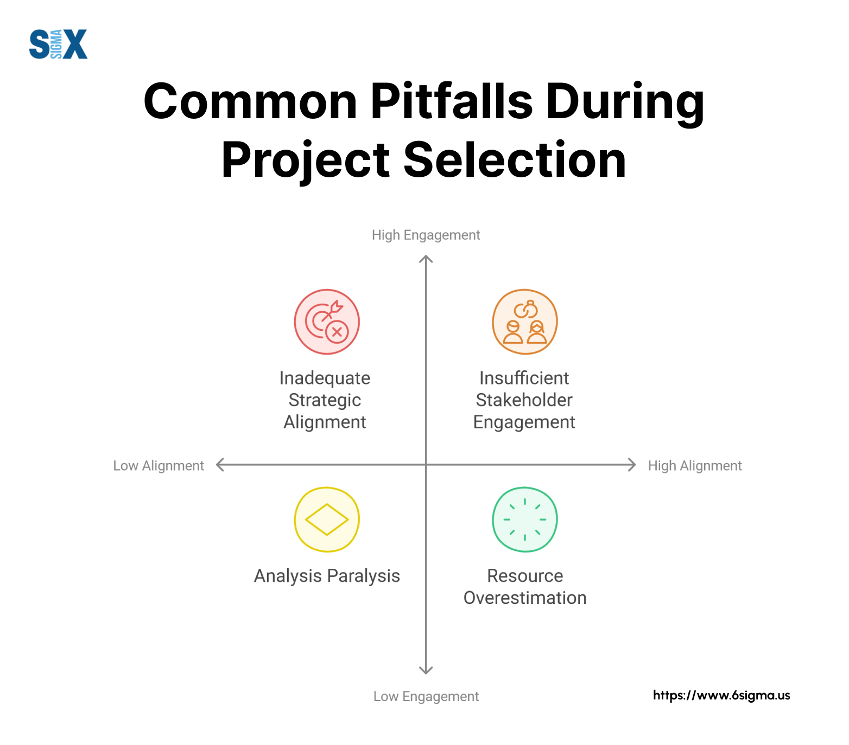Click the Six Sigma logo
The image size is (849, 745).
(x=58, y=44)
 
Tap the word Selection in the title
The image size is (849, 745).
(x=515, y=160)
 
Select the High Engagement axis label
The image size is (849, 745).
(x=426, y=235)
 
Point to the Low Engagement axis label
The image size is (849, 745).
(x=426, y=696)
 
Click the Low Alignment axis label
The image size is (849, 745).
(x=159, y=466)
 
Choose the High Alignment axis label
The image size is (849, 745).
(x=695, y=466)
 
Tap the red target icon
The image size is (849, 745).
(x=327, y=322)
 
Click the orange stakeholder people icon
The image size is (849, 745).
(x=525, y=322)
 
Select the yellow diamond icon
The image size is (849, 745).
(x=327, y=519)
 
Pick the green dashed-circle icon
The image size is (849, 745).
(x=525, y=519)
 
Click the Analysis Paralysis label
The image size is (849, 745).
(x=327, y=576)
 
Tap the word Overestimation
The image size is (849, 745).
(x=525, y=598)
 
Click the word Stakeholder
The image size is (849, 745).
(x=524, y=400)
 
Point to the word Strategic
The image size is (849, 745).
(x=325, y=400)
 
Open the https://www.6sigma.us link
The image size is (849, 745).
(x=721, y=695)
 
